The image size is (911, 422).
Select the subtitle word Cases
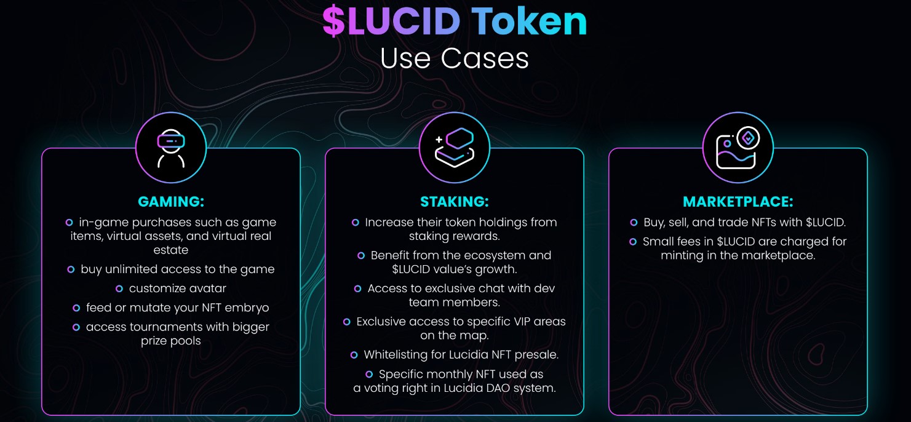coord(485,58)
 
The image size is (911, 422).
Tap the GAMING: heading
coord(171,202)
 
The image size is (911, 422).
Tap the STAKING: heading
coord(455,202)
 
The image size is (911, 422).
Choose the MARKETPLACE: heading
coord(738,202)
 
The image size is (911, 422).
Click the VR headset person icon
coord(171,148)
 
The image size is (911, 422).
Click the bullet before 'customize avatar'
coord(119,289)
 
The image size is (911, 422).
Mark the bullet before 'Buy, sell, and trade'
coord(634,223)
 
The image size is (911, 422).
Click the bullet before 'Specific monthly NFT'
coord(369,374)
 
